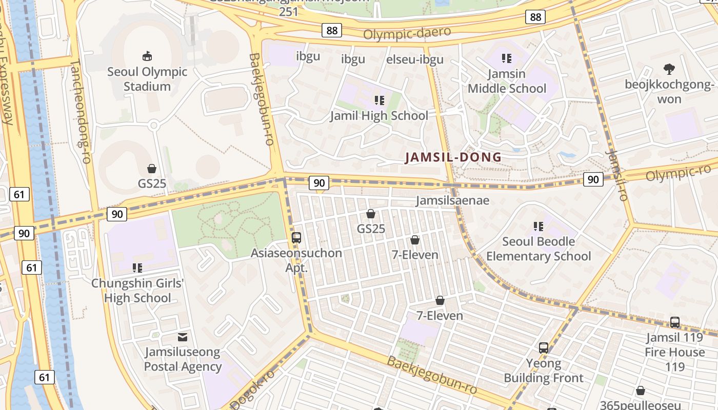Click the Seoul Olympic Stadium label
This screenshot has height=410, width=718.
coord(147,79)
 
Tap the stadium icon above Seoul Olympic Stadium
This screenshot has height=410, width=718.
coord(147,56)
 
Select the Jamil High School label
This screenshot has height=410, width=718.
coord(379,115)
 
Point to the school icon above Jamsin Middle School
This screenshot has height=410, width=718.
coord(507,58)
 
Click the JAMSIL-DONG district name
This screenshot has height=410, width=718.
coord(453,157)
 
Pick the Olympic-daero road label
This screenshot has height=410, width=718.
coord(407,33)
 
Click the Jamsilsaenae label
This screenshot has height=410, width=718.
coord(452,200)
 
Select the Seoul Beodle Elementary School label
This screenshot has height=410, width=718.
coord(538,249)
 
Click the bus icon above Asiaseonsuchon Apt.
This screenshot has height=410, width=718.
coord(296,237)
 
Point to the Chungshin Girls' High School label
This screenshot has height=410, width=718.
coord(137,291)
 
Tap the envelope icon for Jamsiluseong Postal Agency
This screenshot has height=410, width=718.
coord(183,337)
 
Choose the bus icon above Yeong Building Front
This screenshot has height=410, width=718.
coord(544,348)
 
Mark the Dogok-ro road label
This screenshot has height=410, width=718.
coord(253,389)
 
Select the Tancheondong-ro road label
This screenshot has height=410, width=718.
coord(80,112)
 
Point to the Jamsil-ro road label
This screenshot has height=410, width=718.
coord(616,175)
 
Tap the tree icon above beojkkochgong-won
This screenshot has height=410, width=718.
coord(669,69)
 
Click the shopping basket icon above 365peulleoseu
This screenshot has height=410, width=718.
coord(640,391)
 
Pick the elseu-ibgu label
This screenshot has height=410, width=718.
coord(414,59)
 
